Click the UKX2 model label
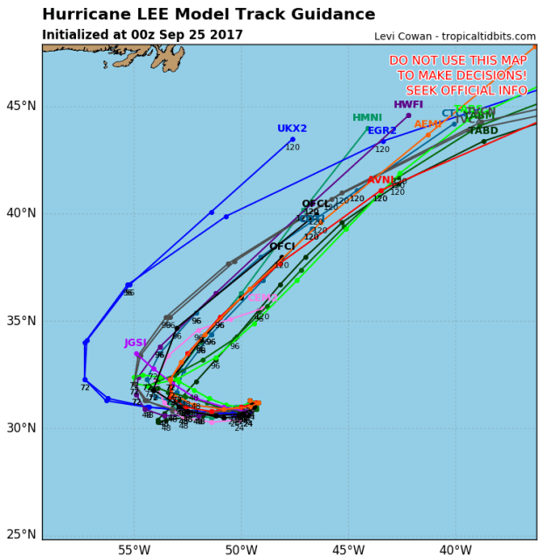(x=292, y=129)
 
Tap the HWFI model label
(x=408, y=104)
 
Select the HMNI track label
(x=367, y=118)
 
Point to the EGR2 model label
(x=382, y=131)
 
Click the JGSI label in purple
(x=136, y=343)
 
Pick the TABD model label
(x=483, y=131)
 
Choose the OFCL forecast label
(x=316, y=204)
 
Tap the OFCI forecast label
(x=282, y=247)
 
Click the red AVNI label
(x=381, y=180)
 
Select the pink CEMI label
(x=262, y=298)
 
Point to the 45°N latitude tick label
(x=20, y=107)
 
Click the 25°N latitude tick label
(x=20, y=535)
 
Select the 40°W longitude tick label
(x=455, y=549)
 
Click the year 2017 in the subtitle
(x=226, y=35)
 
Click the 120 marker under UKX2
(x=292, y=147)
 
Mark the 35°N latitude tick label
(x=20, y=321)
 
